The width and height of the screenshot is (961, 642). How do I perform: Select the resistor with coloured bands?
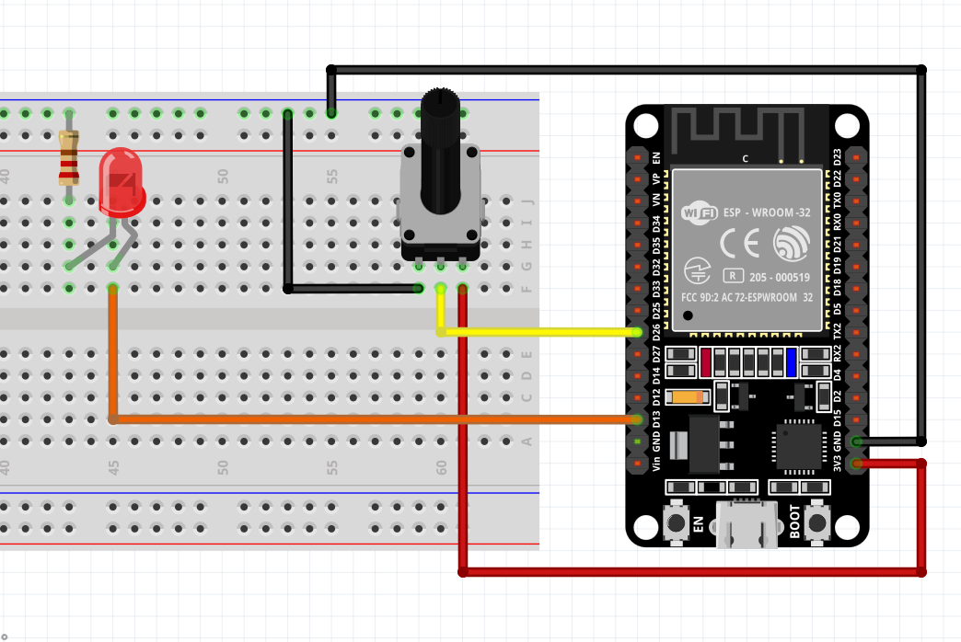click(68, 156)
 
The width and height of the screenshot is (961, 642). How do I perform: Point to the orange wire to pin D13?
click(368, 419)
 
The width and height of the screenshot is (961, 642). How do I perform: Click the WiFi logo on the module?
click(699, 213)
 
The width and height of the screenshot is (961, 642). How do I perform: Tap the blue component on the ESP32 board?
click(791, 362)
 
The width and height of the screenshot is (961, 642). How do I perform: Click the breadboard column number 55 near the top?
click(332, 175)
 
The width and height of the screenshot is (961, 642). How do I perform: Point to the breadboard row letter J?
click(527, 201)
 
